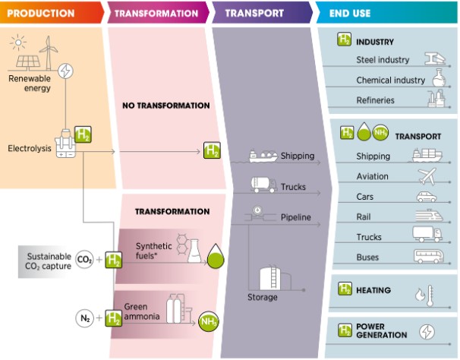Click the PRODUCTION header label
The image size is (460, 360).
click(41, 13)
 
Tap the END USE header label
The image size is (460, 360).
click(350, 13)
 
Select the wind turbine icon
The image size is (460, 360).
click(48, 53)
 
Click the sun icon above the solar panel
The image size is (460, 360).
click(18, 43)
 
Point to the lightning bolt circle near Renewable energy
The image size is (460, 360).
click(65, 71)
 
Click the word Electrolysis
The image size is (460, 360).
click(30, 148)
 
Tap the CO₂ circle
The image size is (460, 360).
click(84, 260)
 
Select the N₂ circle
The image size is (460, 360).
click(84, 318)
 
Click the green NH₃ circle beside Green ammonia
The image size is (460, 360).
click(209, 321)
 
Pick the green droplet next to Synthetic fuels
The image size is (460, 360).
click(216, 257)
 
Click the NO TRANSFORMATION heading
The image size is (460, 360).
click(166, 106)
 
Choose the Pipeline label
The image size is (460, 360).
click(296, 217)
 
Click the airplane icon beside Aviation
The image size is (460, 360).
click(427, 176)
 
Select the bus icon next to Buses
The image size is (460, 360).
click(429, 257)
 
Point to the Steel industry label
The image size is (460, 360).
click(383, 60)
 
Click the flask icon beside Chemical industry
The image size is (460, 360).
click(439, 77)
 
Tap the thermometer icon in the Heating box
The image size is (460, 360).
click(430, 295)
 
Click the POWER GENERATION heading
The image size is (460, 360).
click(381, 330)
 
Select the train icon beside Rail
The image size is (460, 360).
click(429, 215)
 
